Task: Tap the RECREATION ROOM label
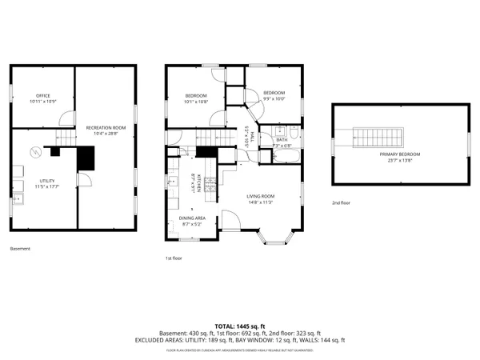pos(106,128)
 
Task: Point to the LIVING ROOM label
pos(261,196)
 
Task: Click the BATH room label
pos(282,141)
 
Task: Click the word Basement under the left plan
pos(20,249)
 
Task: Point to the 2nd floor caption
pos(342,203)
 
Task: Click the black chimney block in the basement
pos(85,159)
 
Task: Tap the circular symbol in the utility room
pos(34,151)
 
